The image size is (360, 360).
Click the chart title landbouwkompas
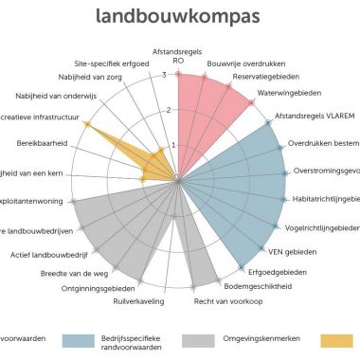tap(179, 16)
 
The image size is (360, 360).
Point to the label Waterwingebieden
tap(289, 94)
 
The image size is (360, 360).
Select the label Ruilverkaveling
tap(139, 301)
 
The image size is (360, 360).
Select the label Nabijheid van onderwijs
tap(54, 96)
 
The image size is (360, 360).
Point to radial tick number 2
tap(169, 110)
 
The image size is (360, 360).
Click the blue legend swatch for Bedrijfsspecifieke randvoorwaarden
tap(82, 339)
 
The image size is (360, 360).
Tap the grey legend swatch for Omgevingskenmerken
tap(197, 339)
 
